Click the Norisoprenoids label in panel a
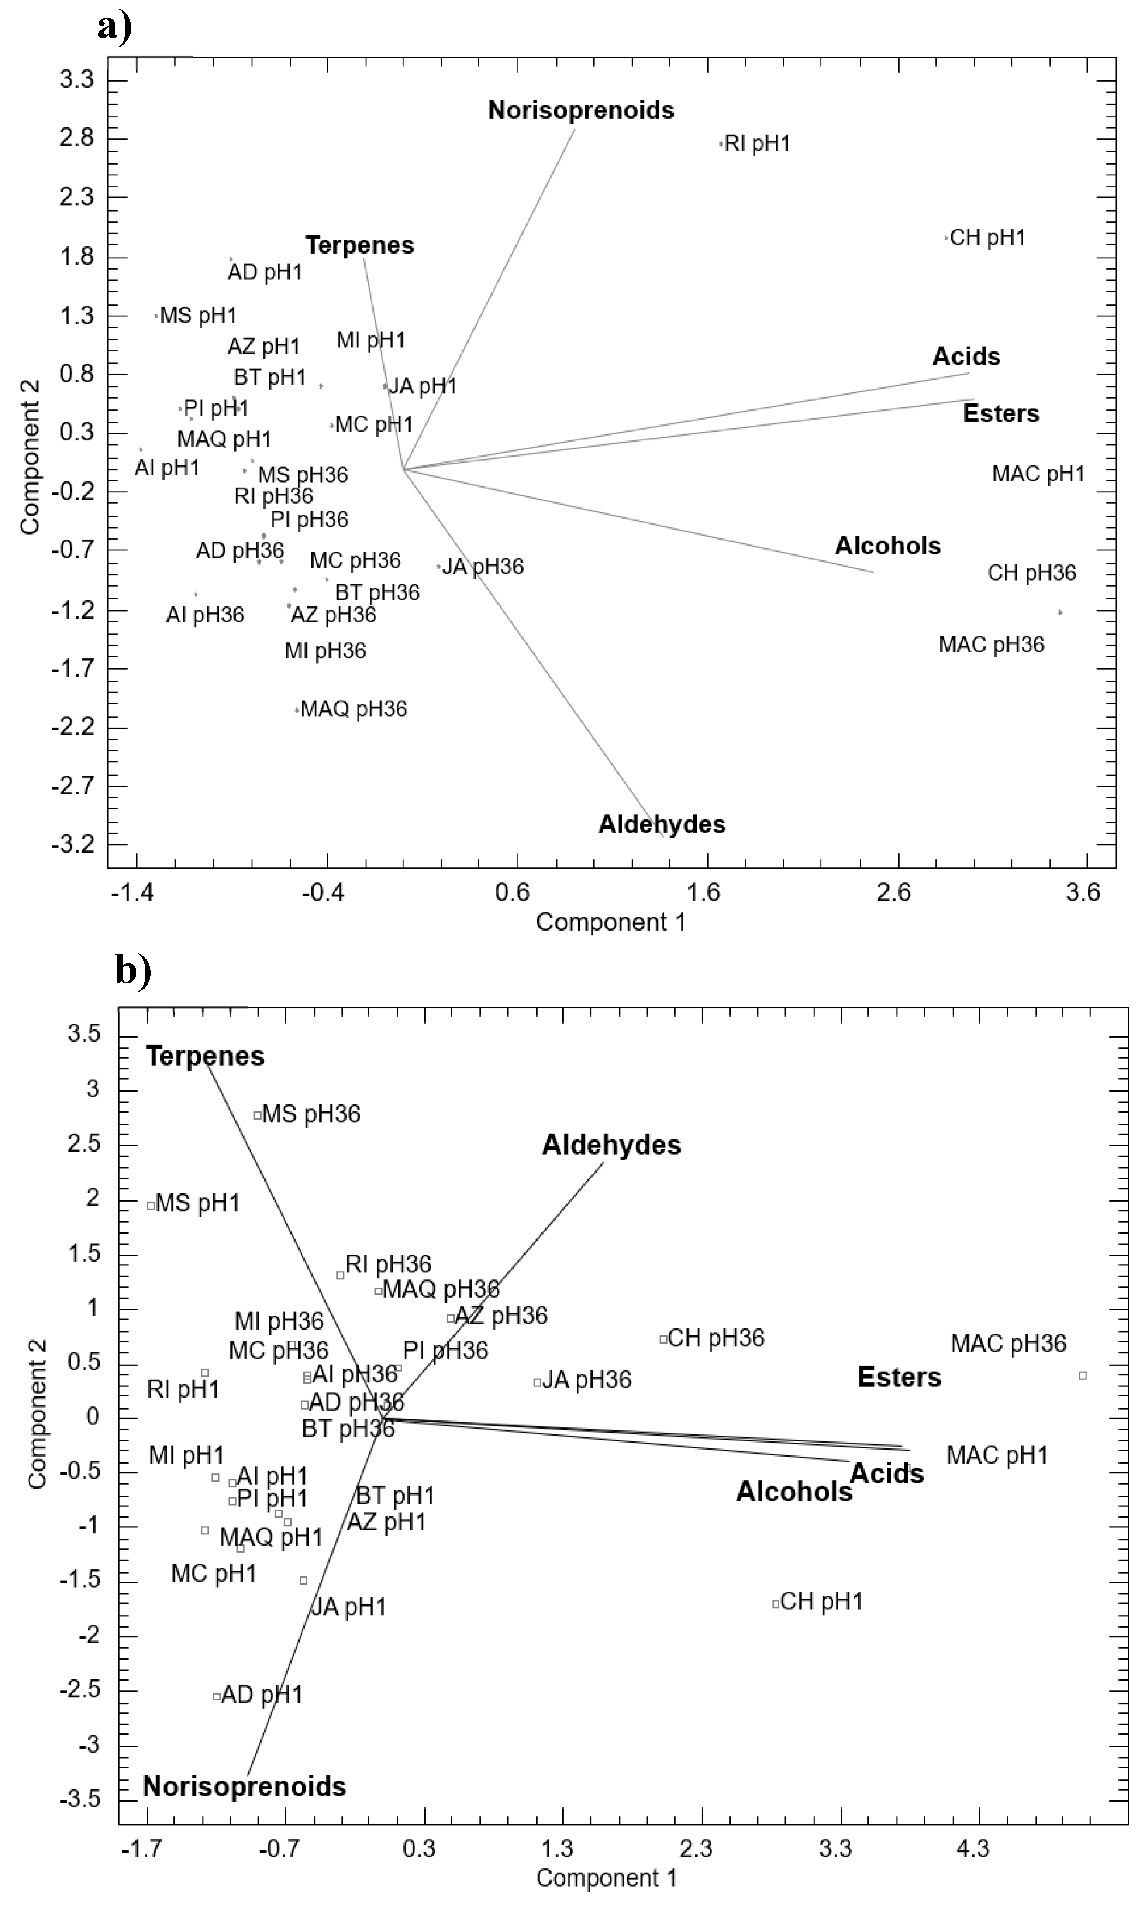point(581,110)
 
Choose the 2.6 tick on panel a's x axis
point(893,892)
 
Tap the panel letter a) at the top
point(114,28)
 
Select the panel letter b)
point(134,970)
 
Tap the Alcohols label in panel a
point(887,546)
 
